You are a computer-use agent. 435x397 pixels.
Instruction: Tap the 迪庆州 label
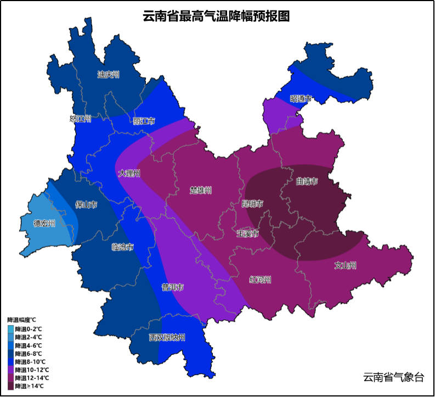click(108, 75)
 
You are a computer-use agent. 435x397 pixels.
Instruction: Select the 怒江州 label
click(80, 119)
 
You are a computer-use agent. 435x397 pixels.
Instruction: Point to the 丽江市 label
click(144, 121)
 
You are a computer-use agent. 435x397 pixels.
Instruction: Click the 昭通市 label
click(301, 99)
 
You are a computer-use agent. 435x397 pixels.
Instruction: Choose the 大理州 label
click(129, 174)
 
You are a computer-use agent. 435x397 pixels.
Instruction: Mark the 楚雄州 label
click(201, 190)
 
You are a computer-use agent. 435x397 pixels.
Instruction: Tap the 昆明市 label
click(252, 204)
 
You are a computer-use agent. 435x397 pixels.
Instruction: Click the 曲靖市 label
click(307, 181)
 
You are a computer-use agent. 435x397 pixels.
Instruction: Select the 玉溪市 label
click(247, 233)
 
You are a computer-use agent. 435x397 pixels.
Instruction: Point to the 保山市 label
click(86, 205)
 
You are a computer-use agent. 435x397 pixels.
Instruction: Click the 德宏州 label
click(44, 223)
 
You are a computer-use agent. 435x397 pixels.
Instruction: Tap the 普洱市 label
click(172, 287)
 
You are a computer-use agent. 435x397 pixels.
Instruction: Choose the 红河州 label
click(260, 279)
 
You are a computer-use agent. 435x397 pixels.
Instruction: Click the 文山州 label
click(345, 266)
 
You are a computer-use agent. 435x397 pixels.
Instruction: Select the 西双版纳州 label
click(167, 337)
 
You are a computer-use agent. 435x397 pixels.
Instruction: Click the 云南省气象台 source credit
click(393, 377)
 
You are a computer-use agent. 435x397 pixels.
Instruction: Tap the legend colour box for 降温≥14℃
click(10, 386)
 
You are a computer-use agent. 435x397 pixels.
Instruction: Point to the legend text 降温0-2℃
click(29, 329)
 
